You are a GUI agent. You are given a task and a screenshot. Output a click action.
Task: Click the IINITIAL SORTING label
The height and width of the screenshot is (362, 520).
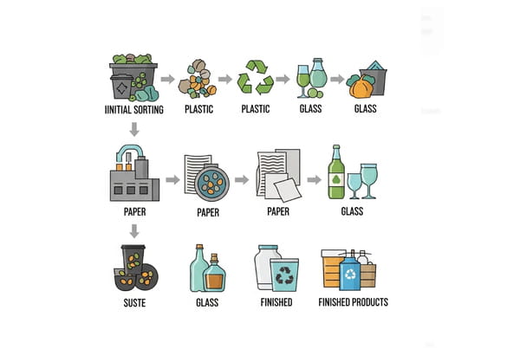pyautogui.click(x=134, y=109)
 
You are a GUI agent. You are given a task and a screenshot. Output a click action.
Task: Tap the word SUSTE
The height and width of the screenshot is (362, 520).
pyautogui.click(x=134, y=302)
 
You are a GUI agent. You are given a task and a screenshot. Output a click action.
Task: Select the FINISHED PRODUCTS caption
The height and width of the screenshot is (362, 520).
pyautogui.click(x=354, y=302)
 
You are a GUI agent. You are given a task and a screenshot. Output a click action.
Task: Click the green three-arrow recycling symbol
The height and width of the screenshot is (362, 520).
pyautogui.click(x=256, y=77)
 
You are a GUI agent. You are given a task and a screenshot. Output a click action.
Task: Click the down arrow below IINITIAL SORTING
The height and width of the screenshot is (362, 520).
pyautogui.click(x=134, y=129)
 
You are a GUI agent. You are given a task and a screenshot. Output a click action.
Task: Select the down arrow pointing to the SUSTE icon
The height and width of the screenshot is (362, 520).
pyautogui.click(x=134, y=231)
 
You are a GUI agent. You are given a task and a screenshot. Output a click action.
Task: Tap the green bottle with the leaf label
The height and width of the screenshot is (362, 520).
pyautogui.click(x=336, y=172)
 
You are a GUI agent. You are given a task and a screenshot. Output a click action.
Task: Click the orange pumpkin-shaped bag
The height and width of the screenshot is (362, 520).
pyautogui.click(x=361, y=87)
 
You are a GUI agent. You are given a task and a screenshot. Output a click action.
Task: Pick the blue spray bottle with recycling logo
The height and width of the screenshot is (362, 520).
pyautogui.click(x=350, y=271)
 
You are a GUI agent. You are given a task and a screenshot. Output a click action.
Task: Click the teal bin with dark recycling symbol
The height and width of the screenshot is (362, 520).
pyautogui.click(x=284, y=275)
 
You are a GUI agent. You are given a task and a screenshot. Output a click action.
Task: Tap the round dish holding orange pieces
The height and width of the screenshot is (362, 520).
pyautogui.click(x=212, y=183)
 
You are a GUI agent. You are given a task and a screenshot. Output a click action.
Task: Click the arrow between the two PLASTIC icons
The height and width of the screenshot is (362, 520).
pyautogui.click(x=225, y=79)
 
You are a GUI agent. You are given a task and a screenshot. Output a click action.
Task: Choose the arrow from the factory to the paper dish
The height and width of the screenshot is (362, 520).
pyautogui.click(x=172, y=180)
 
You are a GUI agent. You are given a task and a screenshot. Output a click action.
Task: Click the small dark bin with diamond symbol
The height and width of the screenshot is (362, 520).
pyautogui.click(x=121, y=87)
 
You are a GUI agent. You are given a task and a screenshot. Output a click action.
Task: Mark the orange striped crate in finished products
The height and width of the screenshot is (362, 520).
pyautogui.click(x=332, y=268)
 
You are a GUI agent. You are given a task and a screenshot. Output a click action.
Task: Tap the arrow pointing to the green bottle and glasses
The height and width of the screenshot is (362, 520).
pyautogui.click(x=315, y=180)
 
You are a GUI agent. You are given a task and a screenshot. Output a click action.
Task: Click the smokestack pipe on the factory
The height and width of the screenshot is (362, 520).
pyautogui.click(x=130, y=152)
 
